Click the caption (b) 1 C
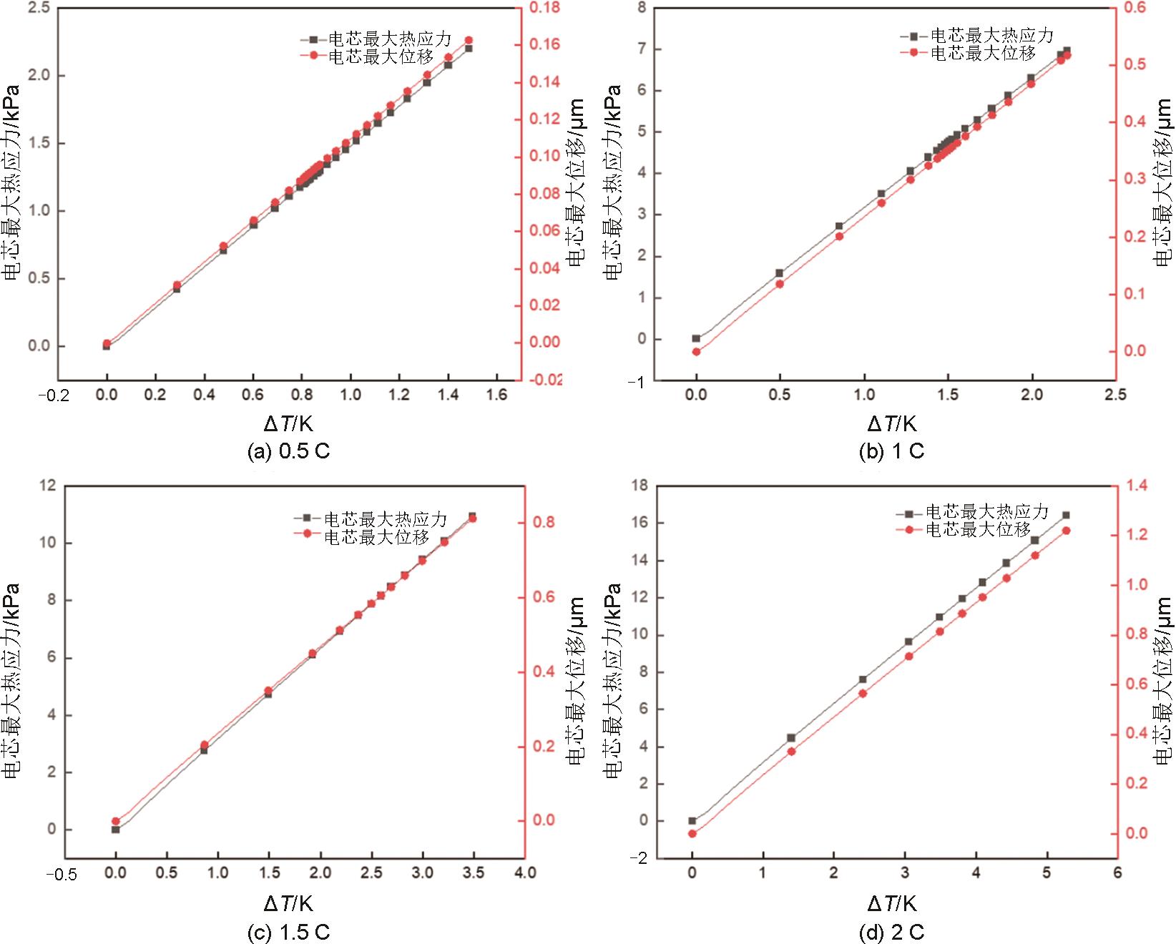click(x=891, y=451)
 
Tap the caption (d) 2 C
click(x=891, y=933)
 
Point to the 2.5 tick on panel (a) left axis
click(x=39, y=9)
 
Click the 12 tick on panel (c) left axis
click(x=48, y=486)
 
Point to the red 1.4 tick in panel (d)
click(x=1136, y=486)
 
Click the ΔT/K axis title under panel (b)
click(x=891, y=424)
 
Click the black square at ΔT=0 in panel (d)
click(x=692, y=821)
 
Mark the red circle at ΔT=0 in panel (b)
click(x=696, y=352)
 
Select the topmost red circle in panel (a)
click(x=469, y=41)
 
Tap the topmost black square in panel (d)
click(x=1066, y=515)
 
